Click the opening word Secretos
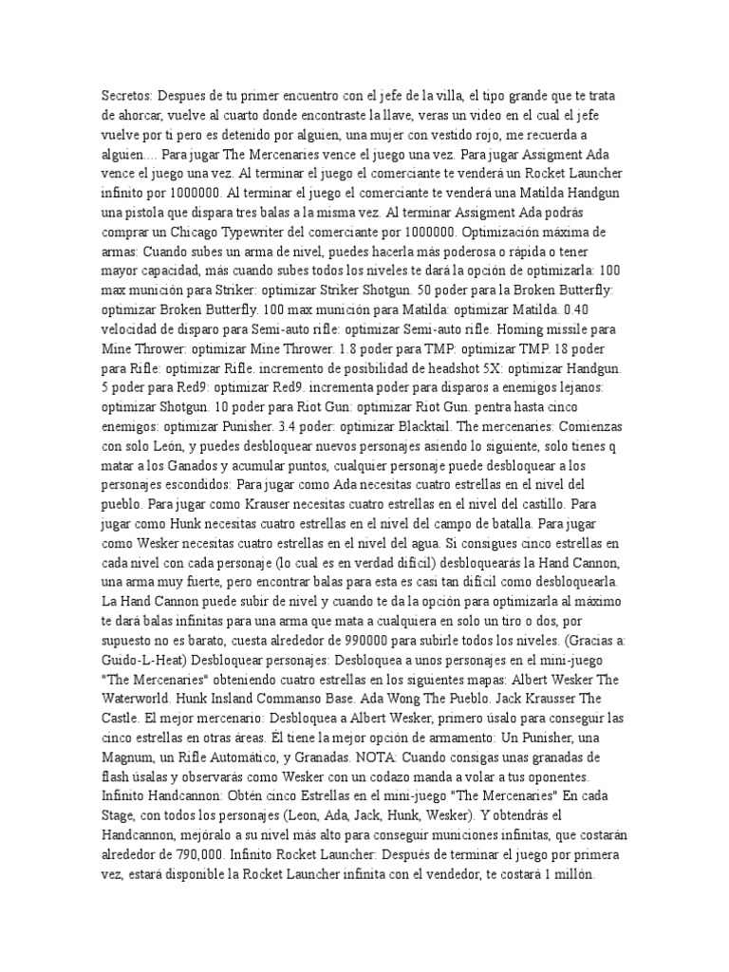[126, 96]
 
